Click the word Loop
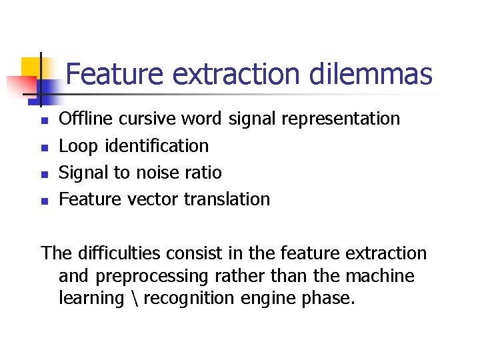(x=75, y=145)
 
